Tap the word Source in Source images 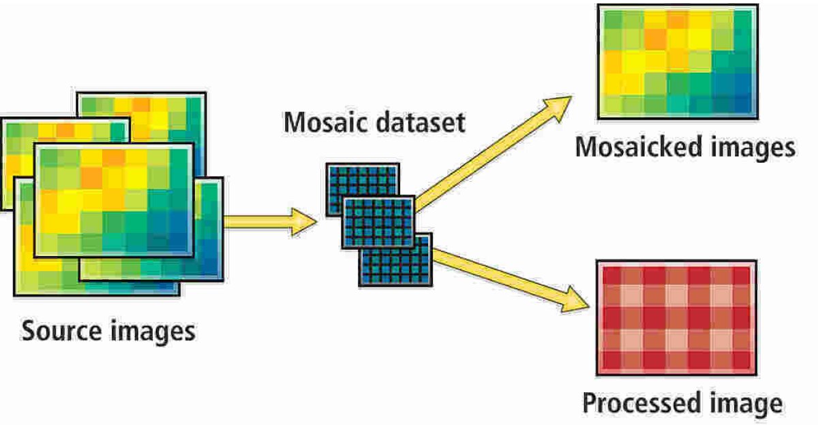62,332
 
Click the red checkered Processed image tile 676,317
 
